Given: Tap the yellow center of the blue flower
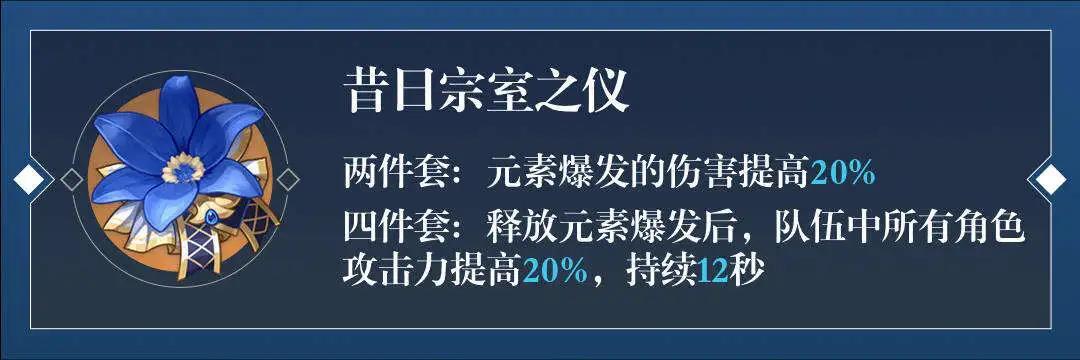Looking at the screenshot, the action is (183, 168).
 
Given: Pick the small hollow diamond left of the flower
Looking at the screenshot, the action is (72, 180).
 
